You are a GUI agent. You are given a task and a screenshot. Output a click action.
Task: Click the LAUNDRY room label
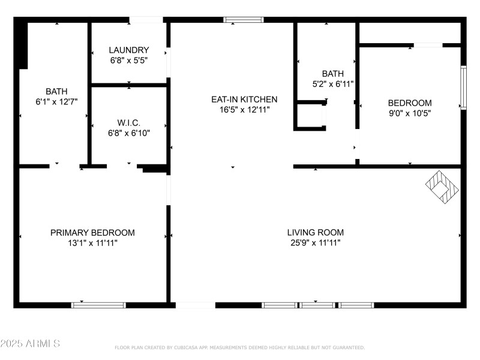(128, 50)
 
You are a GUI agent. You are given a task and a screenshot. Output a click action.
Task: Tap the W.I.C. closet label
(128, 122)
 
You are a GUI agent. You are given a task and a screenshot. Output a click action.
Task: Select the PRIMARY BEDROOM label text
(92, 233)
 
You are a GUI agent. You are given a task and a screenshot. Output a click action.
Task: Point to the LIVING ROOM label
(315, 233)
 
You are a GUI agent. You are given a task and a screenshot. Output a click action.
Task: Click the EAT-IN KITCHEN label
(244, 100)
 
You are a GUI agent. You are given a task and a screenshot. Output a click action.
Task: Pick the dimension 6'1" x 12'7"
(56, 102)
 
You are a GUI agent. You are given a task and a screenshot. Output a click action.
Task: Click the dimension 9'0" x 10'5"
(409, 113)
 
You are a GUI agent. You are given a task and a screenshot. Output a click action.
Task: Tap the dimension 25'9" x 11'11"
(315, 243)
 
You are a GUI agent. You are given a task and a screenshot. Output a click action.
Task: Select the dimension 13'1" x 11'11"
(92, 243)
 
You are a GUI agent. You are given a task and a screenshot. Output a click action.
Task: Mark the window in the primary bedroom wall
(98, 305)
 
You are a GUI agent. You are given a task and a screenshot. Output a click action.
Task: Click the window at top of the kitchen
(244, 20)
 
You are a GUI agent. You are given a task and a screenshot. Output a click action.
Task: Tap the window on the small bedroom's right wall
(463, 88)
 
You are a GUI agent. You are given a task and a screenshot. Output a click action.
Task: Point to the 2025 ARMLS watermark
(30, 344)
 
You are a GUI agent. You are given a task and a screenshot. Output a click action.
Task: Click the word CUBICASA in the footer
(187, 347)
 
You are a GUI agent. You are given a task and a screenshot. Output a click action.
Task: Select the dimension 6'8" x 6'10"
(128, 133)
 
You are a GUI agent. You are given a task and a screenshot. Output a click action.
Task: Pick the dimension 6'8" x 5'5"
(128, 60)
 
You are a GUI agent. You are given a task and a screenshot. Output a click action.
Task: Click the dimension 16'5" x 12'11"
(244, 110)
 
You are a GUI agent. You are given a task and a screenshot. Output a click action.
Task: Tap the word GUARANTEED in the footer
(349, 347)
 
